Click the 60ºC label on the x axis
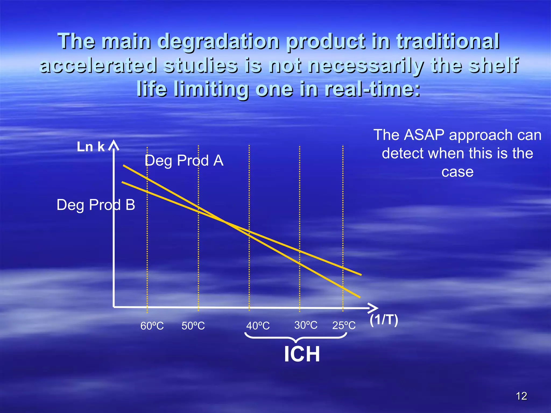[152, 326]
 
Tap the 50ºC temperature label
[193, 326]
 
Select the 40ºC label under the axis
[258, 326]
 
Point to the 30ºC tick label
[306, 325]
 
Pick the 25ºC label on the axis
[344, 325]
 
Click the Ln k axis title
[91, 147]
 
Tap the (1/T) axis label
[384, 320]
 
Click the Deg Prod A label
[184, 161]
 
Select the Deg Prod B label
[96, 205]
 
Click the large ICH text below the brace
[302, 354]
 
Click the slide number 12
[521, 396]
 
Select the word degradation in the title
[218, 41]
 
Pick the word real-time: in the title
[372, 89]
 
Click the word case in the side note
[457, 172]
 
